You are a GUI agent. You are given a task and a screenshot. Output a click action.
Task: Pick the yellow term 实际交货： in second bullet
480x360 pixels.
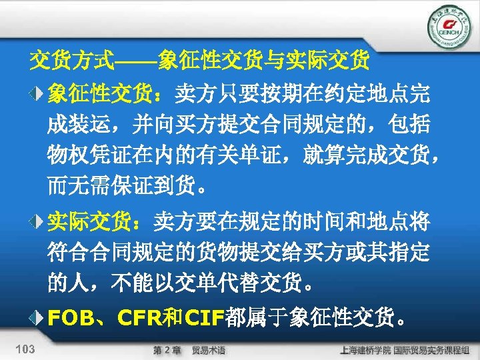tap(100, 219)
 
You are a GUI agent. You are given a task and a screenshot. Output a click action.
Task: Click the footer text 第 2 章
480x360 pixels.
tap(167, 350)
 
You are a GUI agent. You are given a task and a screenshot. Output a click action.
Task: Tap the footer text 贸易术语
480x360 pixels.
tap(208, 350)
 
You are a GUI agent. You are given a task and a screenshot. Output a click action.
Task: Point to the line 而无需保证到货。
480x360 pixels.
tap(127, 183)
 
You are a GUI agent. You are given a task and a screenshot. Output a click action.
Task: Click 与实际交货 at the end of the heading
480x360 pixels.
tap(327, 62)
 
